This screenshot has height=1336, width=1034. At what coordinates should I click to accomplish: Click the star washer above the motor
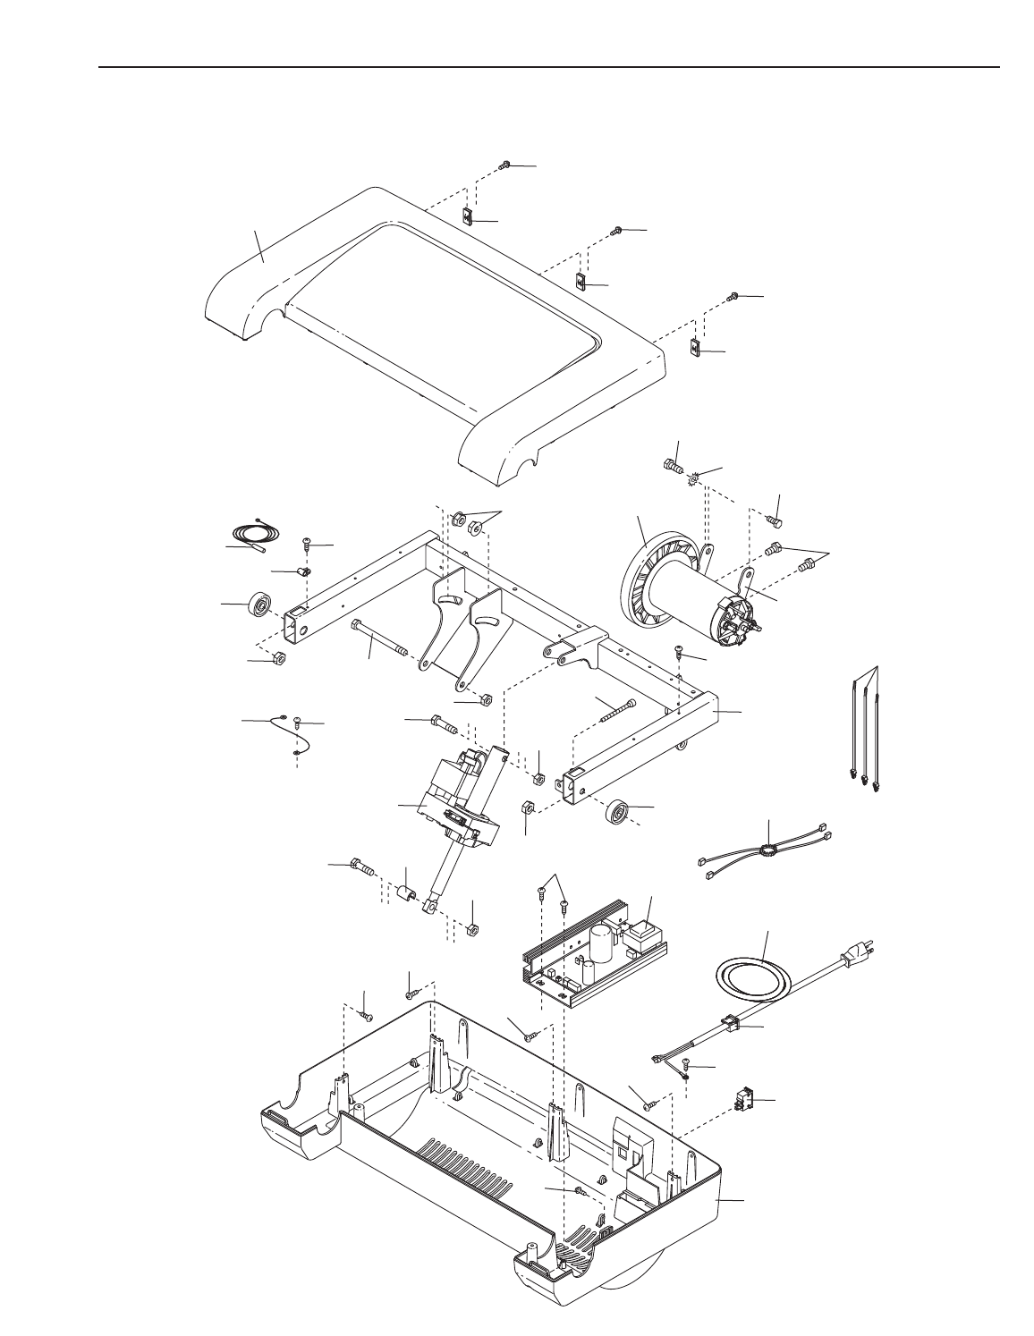tap(692, 480)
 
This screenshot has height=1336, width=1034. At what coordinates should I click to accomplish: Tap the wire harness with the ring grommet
tap(766, 850)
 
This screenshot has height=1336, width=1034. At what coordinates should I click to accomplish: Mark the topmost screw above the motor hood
tap(504, 165)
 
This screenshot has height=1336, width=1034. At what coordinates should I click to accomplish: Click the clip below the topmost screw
tap(467, 216)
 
